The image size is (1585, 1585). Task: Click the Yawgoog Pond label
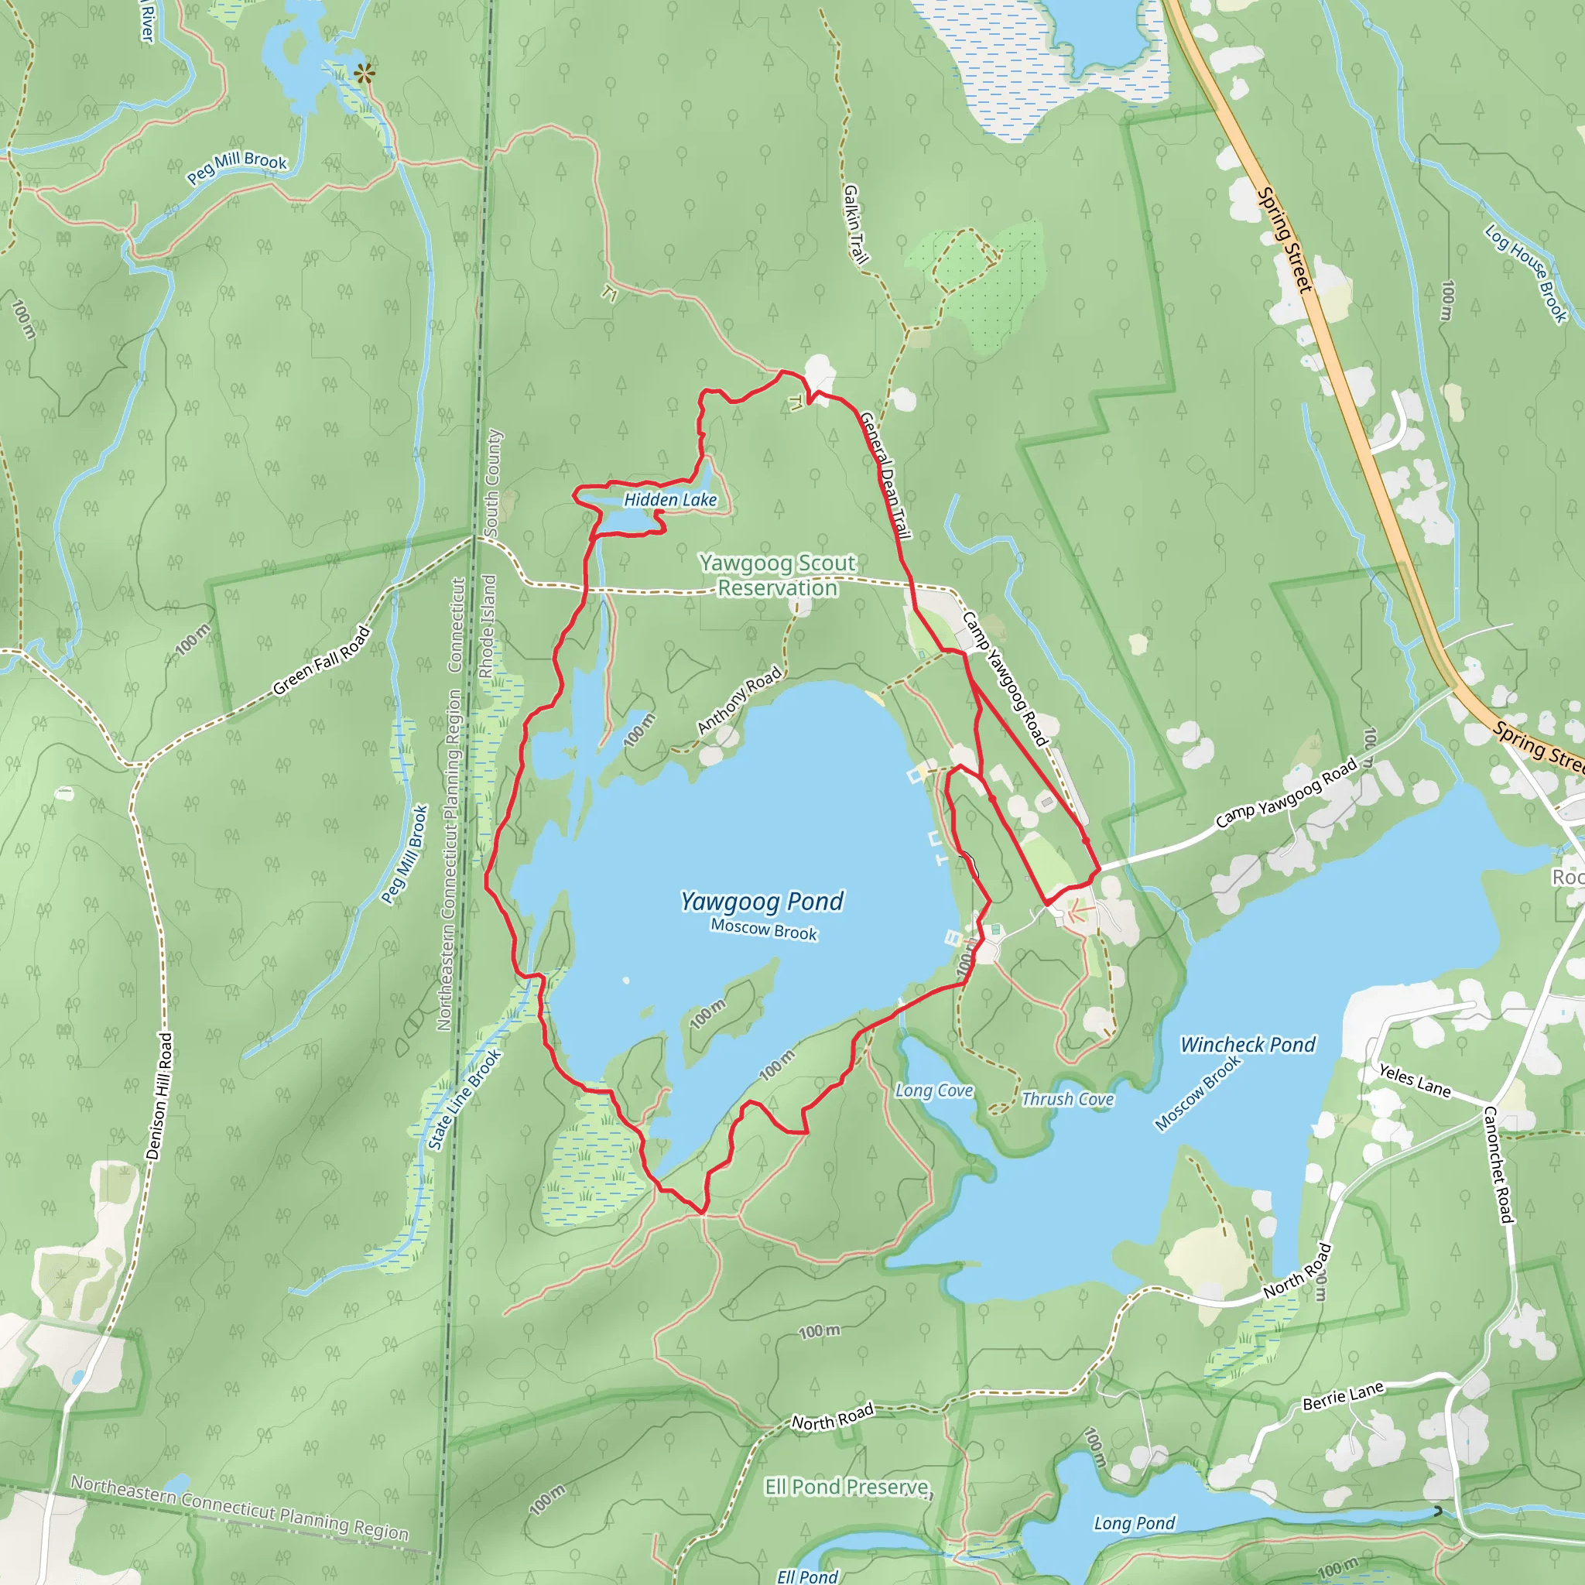coord(762,902)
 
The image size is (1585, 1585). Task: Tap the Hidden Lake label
coord(670,500)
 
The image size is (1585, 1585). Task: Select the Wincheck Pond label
coord(1247,1044)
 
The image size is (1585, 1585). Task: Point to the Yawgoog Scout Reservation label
coord(777,575)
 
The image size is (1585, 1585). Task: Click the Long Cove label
coord(933,1090)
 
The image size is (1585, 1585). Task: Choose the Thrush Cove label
coord(1067,1098)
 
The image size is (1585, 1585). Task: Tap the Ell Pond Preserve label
coord(848,1487)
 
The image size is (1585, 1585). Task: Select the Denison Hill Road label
coord(159,1095)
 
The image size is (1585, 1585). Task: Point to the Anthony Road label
coord(738,700)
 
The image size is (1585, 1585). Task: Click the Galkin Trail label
coord(855,224)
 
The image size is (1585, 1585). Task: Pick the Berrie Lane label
coord(1343,1395)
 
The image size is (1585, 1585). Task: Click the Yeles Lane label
coord(1415,1080)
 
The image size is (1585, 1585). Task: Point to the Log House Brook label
coord(1526,273)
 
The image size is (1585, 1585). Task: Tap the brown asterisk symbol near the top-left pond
coord(365,74)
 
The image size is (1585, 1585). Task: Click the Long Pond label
coord(1134,1522)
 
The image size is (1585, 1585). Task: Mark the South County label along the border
coord(492,483)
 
